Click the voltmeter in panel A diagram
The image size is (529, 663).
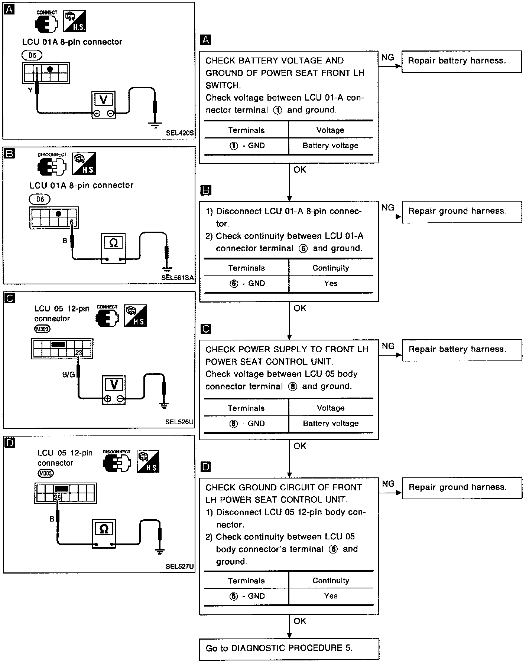pos(104,105)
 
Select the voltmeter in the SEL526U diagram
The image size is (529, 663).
pos(114,390)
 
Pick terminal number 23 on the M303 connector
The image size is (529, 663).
pos(78,353)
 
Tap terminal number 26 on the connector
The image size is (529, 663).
pos(57,497)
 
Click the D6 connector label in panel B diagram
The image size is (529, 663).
pos(40,199)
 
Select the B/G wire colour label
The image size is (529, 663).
pos(69,375)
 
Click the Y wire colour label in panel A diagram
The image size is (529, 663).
pos(30,90)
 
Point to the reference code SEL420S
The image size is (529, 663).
pos(180,133)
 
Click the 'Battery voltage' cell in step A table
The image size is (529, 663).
pos(330,146)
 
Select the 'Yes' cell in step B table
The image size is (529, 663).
pos(330,284)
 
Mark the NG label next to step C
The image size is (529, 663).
pos(388,346)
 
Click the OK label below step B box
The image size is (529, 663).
pos(300,308)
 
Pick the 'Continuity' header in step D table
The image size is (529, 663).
pos(330,581)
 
